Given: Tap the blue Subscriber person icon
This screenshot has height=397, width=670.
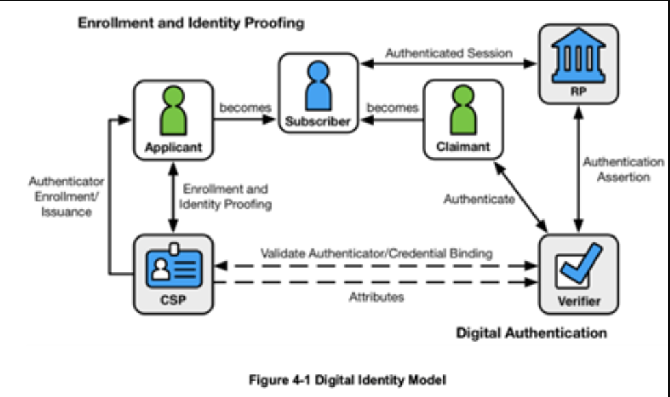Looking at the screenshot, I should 318,86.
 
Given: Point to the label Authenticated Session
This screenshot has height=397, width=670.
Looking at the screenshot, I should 448,53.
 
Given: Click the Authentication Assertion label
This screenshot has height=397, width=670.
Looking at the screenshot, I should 623,170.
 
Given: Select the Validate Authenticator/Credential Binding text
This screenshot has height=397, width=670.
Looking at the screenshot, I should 376,253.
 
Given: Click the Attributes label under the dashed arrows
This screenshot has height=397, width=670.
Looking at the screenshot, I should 376,297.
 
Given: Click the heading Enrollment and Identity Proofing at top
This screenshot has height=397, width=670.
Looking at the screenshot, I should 191,23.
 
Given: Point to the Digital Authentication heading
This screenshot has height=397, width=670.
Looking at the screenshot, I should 531,333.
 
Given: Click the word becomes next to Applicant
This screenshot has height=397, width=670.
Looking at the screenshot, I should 245,108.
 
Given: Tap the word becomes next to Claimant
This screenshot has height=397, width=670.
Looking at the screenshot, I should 392,108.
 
